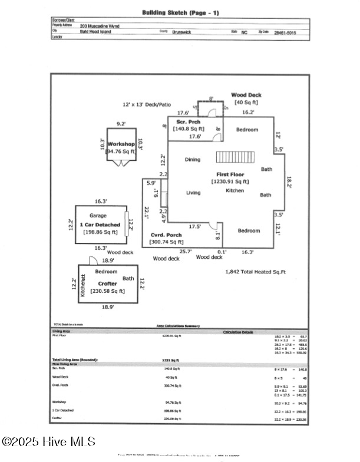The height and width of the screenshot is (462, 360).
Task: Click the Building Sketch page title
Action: point(180,12)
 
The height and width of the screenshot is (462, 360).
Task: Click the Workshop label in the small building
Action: point(121,144)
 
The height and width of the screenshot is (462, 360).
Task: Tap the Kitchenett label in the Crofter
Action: point(84,285)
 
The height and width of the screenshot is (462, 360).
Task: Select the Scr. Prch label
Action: point(187,121)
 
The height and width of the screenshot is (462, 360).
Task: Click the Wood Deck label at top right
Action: point(246,95)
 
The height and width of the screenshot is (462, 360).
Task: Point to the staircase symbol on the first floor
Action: point(235,157)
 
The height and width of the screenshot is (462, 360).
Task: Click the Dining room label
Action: point(193,159)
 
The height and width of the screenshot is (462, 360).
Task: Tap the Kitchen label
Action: point(235,191)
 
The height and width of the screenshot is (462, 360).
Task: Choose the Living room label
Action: point(193,193)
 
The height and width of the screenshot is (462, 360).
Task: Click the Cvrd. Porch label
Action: point(162,235)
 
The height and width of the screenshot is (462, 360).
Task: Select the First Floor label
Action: point(229,175)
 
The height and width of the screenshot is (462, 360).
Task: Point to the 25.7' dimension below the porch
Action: point(186,251)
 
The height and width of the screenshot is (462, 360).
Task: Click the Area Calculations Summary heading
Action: point(178,326)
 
